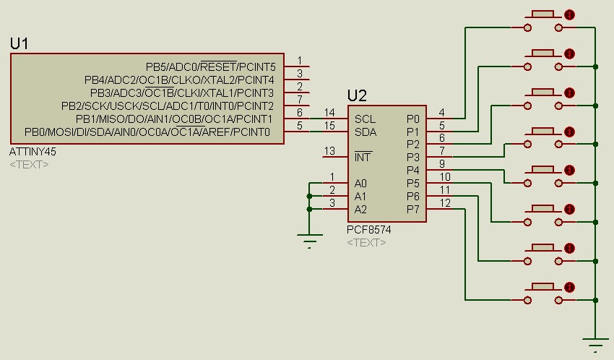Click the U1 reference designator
[x=20, y=44]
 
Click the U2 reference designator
[x=357, y=96]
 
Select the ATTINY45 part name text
[x=33, y=153]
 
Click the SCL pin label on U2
[x=365, y=119]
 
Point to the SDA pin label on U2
[x=365, y=132]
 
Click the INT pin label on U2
[x=363, y=157]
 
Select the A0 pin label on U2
[x=360, y=184]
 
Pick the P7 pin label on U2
[x=412, y=210]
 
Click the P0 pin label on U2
[x=412, y=119]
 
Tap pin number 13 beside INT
[x=329, y=151]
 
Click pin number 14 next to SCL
[x=329, y=112]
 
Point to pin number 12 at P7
[x=445, y=203]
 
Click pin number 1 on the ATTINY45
[x=299, y=61]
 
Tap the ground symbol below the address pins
[x=311, y=240]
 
